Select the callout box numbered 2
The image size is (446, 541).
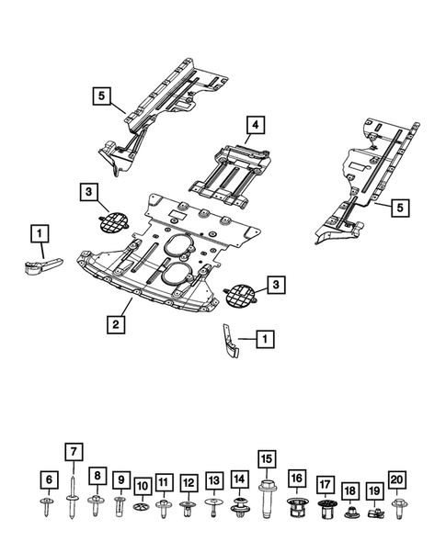(x=116, y=323)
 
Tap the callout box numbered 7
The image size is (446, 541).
(x=72, y=451)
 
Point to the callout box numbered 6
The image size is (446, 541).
(x=47, y=479)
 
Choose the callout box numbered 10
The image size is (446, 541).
(x=142, y=485)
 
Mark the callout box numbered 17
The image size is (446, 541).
(x=325, y=484)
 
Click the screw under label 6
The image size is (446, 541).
(x=47, y=504)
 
